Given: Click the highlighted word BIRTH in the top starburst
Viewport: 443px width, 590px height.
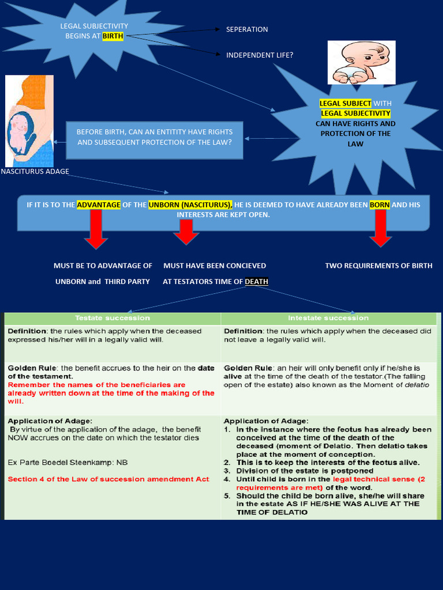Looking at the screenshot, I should tap(113, 36).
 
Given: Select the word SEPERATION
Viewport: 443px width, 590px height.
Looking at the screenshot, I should tap(247, 29).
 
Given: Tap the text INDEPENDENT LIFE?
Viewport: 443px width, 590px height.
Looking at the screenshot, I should tap(260, 55).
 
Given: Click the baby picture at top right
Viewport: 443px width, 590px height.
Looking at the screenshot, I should tap(362, 62).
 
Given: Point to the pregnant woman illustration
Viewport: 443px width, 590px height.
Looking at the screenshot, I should tap(29, 121).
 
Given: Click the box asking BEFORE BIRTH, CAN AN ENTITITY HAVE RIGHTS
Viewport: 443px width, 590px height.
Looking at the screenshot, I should tap(155, 137).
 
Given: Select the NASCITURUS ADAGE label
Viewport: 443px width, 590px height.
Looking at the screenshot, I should tap(35, 171).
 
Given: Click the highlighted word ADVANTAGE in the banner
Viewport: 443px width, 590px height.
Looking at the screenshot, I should tap(99, 205).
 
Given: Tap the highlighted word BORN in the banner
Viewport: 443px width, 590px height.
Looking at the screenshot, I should tap(380, 205).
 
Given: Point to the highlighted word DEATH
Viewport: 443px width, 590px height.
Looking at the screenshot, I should tap(257, 282).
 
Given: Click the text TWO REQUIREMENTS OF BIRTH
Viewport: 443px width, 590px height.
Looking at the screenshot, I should tap(378, 266).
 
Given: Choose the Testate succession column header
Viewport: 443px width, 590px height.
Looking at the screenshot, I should tap(112, 318).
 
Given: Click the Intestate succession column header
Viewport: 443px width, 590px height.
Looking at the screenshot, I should tap(328, 318).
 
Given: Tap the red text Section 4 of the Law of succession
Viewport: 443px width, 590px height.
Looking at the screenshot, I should tap(108, 479).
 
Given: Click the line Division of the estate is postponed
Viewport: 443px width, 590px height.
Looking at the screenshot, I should tap(298, 471).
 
